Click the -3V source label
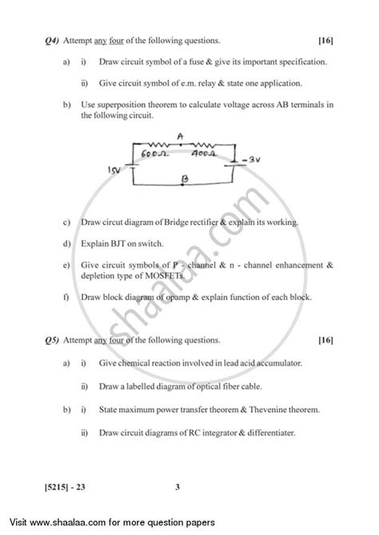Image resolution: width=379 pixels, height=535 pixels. (253, 161)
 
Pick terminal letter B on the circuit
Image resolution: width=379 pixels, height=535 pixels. (185, 181)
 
